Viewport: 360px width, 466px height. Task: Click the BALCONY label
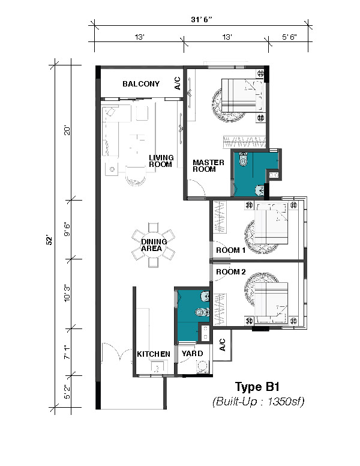point(141,84)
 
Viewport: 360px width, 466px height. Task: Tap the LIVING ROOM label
point(161,161)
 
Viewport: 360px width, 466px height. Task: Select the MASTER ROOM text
point(208,166)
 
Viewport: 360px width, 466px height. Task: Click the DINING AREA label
point(154,245)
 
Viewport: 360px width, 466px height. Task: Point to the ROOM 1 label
point(231,250)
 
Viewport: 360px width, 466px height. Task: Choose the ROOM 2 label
point(231,271)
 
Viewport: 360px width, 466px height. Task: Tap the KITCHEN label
point(153,354)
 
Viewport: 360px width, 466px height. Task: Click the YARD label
point(192,353)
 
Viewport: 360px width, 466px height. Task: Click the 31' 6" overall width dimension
point(202,20)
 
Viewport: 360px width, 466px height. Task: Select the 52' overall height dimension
point(50,240)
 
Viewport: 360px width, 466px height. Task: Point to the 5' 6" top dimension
point(289,37)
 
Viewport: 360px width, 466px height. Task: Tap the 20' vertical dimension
point(67,131)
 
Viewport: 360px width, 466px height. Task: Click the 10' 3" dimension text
point(67,294)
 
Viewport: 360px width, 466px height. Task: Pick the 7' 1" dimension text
point(67,352)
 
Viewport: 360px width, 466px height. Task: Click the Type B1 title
point(257,387)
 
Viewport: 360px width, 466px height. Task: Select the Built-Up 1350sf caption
point(259,402)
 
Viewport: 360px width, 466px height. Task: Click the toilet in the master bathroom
point(243,159)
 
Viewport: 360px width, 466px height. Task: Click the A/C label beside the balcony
point(178,83)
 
